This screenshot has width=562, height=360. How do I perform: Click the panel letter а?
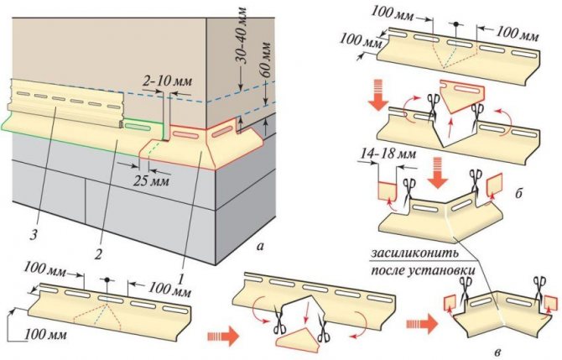[x=263, y=247]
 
